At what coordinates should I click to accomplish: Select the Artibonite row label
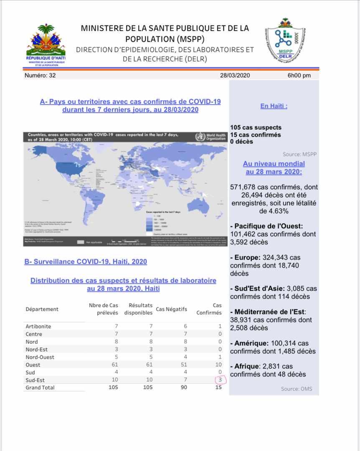pos(38,326)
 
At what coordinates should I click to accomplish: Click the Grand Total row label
pos(40,388)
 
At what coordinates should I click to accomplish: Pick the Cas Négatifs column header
pos(171,309)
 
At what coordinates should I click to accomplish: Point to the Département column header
pos(42,309)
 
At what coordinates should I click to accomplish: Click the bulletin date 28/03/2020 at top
pos(235,76)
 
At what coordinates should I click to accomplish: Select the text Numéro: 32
pos(40,76)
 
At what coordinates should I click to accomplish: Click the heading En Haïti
pos(274,106)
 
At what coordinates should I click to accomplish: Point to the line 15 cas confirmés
pos(255,134)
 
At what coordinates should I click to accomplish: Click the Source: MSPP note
pos(299,154)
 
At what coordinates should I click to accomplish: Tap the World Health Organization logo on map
pos(211,137)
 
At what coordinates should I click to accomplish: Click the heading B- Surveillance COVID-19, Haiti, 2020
pos(86,262)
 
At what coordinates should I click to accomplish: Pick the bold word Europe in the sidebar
pos(244,258)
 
